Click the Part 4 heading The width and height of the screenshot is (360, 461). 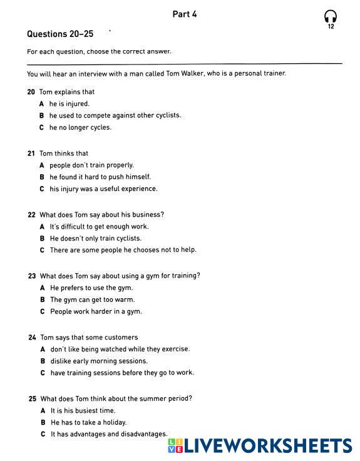[185, 14]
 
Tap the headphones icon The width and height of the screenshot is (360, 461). [331, 16]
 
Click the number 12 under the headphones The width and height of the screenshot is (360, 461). [331, 27]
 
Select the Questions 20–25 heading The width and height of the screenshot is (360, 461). [60, 34]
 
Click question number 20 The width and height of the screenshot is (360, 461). [31, 92]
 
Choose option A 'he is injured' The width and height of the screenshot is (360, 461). [69, 104]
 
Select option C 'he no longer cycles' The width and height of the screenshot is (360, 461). [80, 128]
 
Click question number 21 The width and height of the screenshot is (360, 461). [31, 153]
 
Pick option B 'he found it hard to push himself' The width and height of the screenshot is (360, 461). [100, 177]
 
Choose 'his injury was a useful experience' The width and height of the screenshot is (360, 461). [103, 189]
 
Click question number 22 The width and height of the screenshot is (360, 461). [31, 215]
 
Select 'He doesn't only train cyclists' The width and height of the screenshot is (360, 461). [95, 239]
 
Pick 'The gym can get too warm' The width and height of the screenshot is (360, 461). [92, 300]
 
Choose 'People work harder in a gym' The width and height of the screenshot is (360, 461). [96, 312]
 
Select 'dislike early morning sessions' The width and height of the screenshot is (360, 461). [99, 361]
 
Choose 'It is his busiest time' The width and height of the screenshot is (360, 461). [83, 411]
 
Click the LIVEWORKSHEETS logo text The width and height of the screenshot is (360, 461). [267, 446]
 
